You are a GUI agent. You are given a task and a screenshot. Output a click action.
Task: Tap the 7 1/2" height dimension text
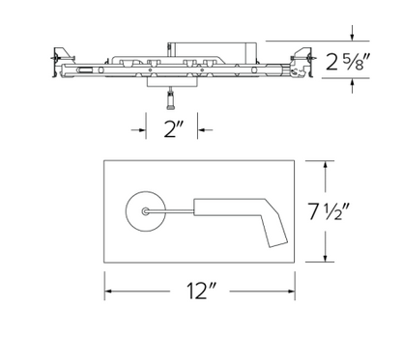tap(359, 209)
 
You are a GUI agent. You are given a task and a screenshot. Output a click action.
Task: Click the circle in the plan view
tap(145, 208)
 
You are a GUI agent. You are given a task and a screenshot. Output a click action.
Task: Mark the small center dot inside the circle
tap(145, 208)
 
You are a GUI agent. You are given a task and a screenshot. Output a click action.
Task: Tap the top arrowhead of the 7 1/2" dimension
tap(327, 165)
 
